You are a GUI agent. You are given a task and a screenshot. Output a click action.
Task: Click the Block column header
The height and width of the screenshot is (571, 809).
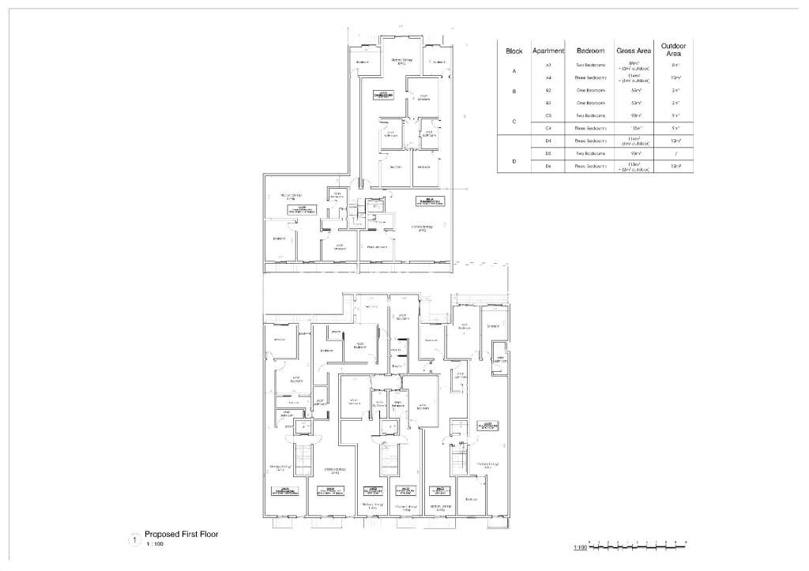point(514,51)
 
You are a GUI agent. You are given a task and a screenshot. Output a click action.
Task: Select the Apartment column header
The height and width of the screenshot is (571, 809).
point(548,51)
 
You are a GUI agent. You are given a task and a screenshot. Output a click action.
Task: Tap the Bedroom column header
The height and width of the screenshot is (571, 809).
point(591,51)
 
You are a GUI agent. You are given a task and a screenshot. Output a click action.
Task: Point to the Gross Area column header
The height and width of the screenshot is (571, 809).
point(633,51)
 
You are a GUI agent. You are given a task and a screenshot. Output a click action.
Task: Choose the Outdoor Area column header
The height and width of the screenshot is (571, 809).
point(675,49)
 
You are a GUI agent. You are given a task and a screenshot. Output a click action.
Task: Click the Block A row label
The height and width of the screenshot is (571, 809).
point(514,71)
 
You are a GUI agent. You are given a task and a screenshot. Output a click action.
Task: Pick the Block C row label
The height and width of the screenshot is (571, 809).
point(514,122)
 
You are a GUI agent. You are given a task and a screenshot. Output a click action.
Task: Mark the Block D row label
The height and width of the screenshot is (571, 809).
point(514,161)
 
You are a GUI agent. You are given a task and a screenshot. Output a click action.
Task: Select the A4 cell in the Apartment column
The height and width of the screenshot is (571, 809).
point(548,78)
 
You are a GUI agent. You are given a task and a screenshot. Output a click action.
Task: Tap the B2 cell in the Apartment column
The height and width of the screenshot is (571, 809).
point(548,91)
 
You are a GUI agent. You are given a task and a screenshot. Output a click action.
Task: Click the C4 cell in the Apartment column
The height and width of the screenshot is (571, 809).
point(548,128)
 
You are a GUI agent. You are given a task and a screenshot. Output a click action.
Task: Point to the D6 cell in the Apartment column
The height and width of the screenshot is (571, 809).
point(548,166)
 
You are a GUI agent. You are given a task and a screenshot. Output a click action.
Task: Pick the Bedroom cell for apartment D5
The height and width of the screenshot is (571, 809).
point(591,153)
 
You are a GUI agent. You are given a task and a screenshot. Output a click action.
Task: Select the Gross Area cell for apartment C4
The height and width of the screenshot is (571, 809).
point(633,128)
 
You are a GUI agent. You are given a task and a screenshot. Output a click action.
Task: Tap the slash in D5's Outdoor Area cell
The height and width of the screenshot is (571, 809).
point(675,153)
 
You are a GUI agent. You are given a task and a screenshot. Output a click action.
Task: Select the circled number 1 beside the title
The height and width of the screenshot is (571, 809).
point(134,539)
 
